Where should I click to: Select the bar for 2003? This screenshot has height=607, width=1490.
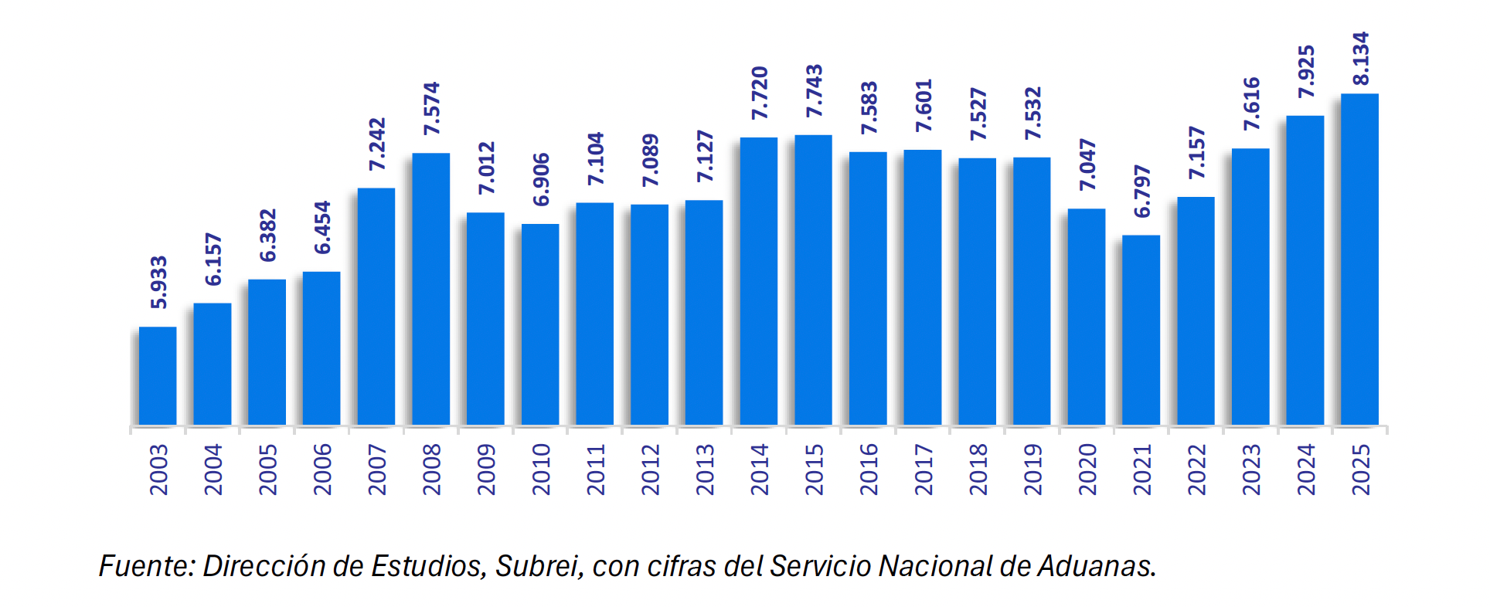coord(158,375)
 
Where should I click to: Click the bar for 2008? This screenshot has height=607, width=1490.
coord(430,289)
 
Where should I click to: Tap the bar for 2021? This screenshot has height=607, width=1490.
coord(1141,330)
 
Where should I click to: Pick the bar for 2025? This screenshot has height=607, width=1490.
coord(1359,259)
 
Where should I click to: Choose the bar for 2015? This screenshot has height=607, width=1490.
coord(813,280)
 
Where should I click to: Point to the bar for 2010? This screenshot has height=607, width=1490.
coord(540,324)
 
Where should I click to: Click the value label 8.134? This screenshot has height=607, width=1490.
coord(1360,59)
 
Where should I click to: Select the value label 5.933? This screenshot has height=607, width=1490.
coord(158,283)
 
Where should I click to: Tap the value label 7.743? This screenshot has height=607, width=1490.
coord(814,91)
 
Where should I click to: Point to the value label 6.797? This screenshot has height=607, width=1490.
coord(1141,192)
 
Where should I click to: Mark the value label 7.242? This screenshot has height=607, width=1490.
coord(376,144)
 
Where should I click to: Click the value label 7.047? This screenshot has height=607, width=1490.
coord(1087,164)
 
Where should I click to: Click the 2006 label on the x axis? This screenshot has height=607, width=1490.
coord(322,470)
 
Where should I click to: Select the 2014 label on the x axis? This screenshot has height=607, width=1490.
coord(759,470)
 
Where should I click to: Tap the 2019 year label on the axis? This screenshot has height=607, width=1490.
coord(1032,470)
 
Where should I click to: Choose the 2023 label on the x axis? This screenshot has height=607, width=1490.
coord(1250,470)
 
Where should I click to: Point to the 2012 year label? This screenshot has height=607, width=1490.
coord(650,470)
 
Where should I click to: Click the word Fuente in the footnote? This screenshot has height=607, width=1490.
coord(145,566)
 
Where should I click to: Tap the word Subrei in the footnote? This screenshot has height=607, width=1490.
coord(539,566)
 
